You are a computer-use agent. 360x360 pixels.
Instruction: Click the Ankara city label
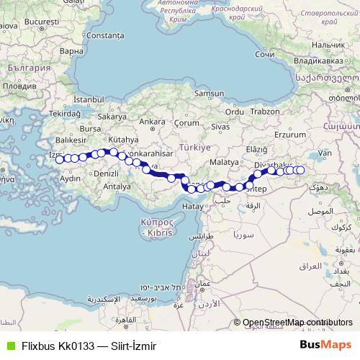tap(152, 122)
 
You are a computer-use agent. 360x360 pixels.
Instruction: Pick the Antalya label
tap(117, 186)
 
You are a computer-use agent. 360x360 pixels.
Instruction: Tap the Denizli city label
tap(106, 174)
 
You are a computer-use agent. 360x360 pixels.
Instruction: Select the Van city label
tap(325, 153)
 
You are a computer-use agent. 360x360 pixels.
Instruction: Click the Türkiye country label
tap(194, 146)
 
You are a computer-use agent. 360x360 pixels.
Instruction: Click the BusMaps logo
tap(325, 344)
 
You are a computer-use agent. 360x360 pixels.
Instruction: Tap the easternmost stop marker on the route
tap(300, 170)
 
